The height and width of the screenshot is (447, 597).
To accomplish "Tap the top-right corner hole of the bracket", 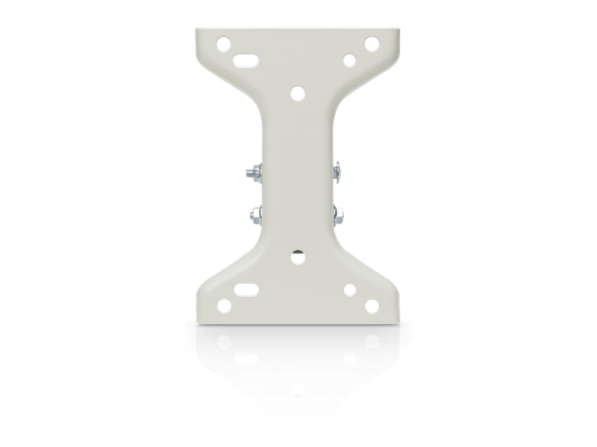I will point(369,42).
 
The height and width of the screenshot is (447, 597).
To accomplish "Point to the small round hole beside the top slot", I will point(348,59).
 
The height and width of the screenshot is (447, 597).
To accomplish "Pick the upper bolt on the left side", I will point(251,174).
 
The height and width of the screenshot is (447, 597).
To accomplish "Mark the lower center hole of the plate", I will point(298,256).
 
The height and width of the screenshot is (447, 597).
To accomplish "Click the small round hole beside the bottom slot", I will point(348,289).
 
